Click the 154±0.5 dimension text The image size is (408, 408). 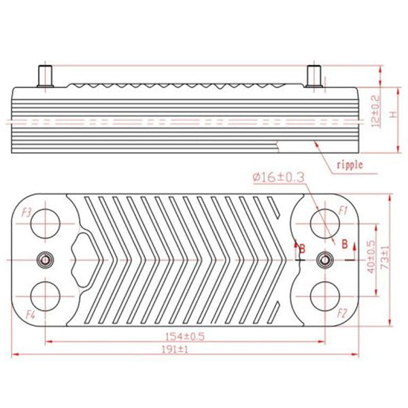pyautogui.click(x=184, y=336)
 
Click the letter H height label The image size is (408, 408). pyautogui.click(x=392, y=116)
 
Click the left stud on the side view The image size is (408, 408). pyautogui.click(x=46, y=74)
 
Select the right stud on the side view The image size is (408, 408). pyautogui.click(x=315, y=74)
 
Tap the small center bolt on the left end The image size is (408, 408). pyautogui.click(x=46, y=259)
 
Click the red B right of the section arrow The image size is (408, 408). pyautogui.click(x=345, y=243)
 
